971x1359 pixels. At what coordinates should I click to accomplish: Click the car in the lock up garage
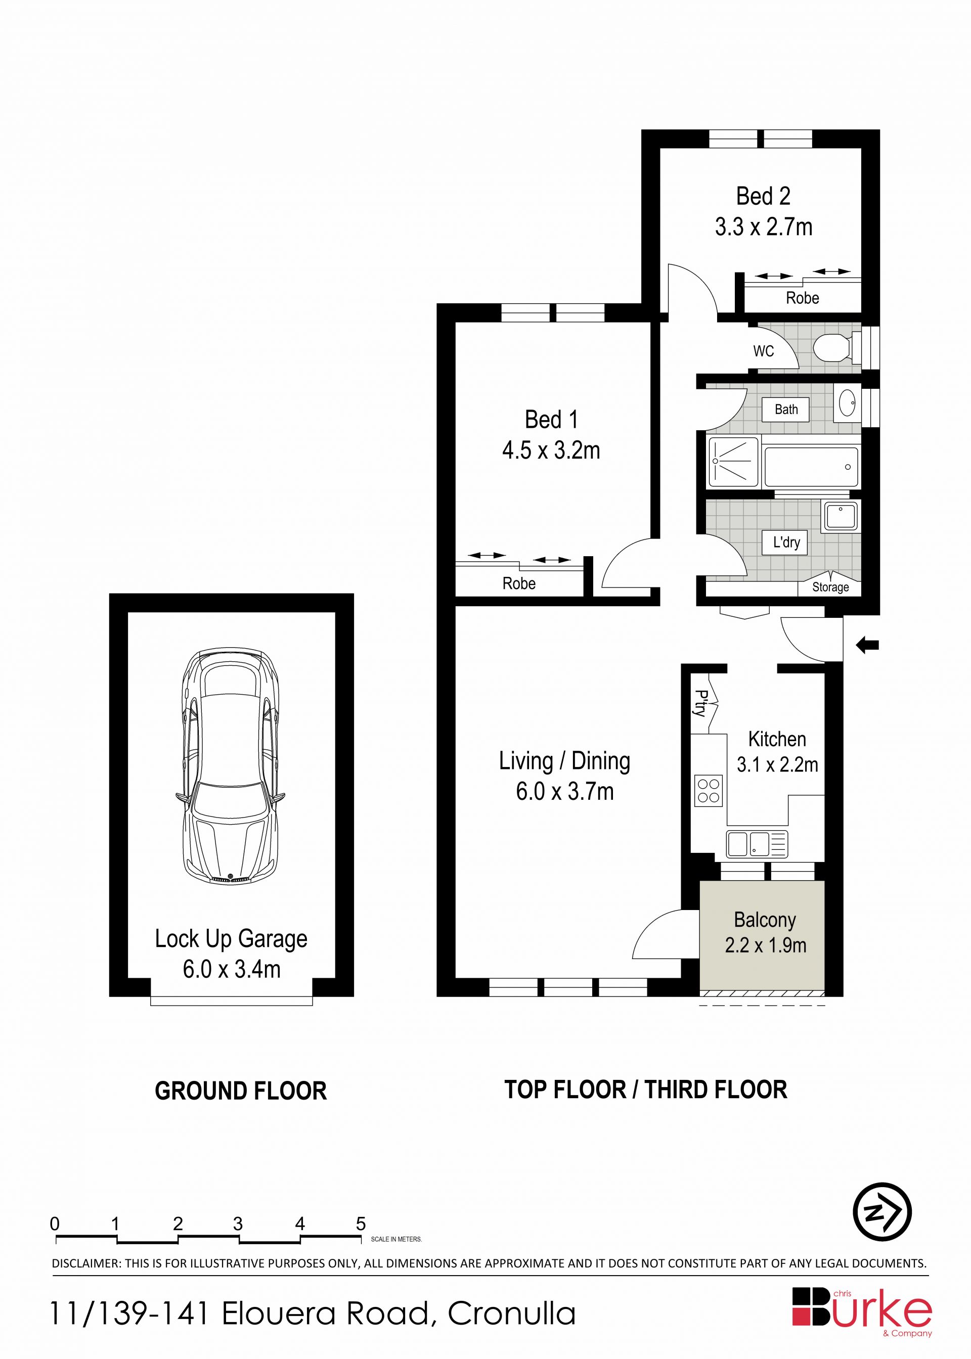click(x=231, y=765)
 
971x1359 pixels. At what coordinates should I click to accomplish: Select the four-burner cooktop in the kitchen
click(x=709, y=791)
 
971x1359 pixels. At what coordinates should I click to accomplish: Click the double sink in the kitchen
click(x=757, y=844)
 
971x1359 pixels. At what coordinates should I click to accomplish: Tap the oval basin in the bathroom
click(x=847, y=403)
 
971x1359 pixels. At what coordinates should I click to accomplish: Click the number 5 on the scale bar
click(x=361, y=1224)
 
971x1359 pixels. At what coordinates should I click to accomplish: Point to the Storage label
click(x=830, y=587)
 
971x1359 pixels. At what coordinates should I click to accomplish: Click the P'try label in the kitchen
click(x=701, y=703)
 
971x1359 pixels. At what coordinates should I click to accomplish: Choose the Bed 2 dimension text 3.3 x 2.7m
click(x=764, y=227)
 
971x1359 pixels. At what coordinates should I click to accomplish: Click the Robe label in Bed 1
click(x=518, y=583)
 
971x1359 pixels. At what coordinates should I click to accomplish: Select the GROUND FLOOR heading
click(x=241, y=1091)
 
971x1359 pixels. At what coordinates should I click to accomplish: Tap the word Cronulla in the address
click(x=512, y=1314)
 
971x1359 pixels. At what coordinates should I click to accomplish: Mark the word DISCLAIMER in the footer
click(x=85, y=1264)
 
